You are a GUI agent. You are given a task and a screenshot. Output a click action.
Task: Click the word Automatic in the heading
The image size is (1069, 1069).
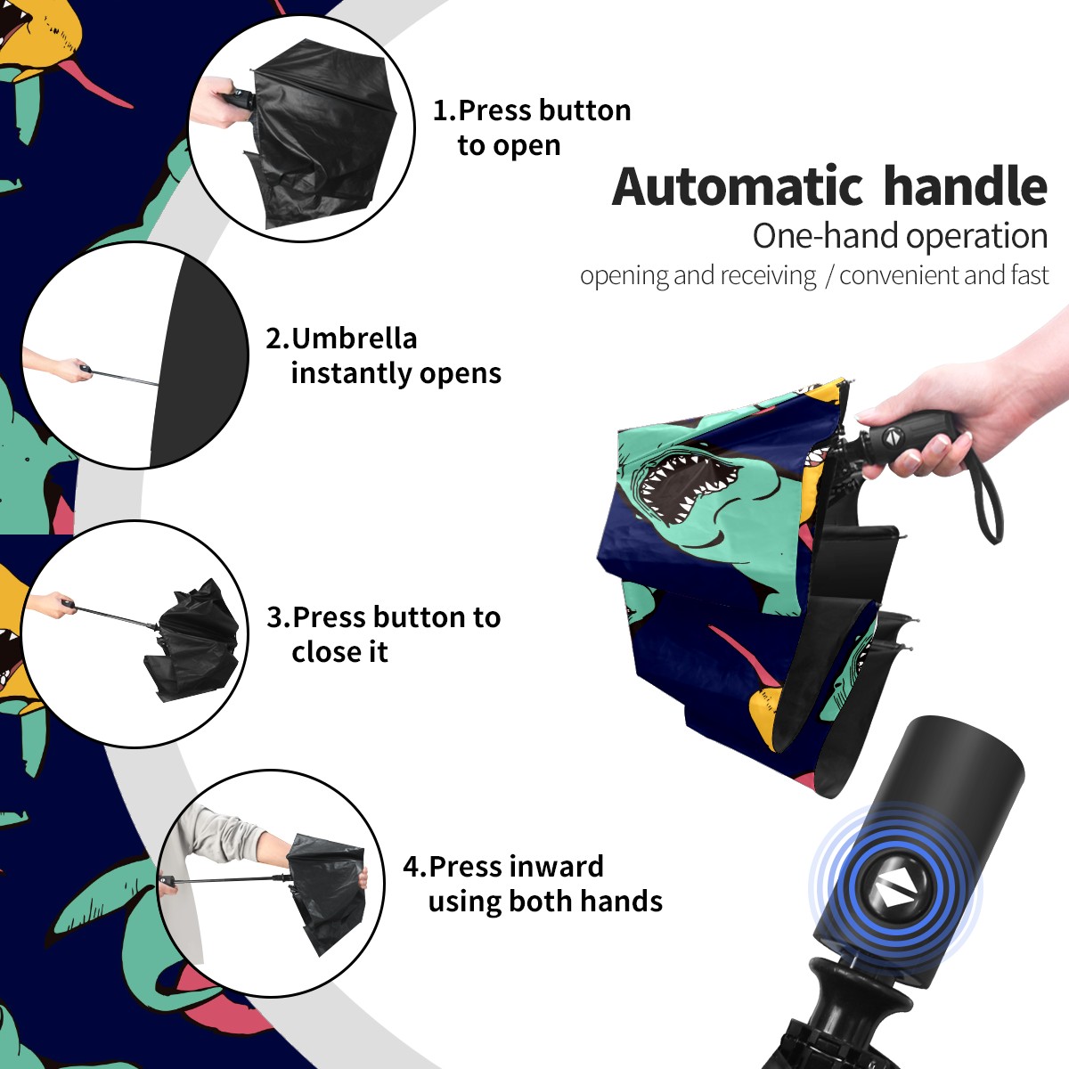(738, 186)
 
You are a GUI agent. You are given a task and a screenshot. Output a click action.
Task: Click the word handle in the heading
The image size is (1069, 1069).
(966, 185)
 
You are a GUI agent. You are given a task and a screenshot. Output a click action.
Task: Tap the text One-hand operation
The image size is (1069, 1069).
(900, 236)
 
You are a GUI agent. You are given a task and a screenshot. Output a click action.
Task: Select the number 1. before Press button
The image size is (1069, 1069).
(445, 110)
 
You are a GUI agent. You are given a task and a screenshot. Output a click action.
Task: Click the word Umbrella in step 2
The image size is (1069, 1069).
(355, 339)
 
